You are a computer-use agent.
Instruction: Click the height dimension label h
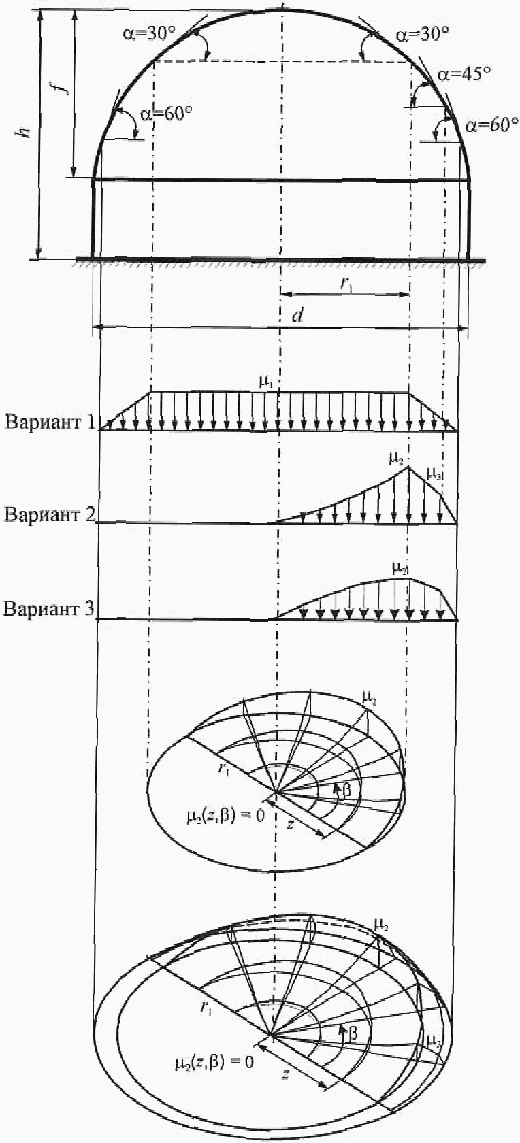25,129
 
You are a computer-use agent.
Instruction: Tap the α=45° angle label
464,73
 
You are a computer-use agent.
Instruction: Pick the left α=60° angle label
167,114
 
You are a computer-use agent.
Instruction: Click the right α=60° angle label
491,125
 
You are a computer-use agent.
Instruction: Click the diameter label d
297,315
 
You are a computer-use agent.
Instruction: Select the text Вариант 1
51,421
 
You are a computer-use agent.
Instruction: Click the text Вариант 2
50,513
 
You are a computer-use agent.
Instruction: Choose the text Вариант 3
50,608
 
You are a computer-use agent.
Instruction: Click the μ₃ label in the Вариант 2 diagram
434,471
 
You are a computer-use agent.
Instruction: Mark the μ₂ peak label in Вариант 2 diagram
396,458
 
